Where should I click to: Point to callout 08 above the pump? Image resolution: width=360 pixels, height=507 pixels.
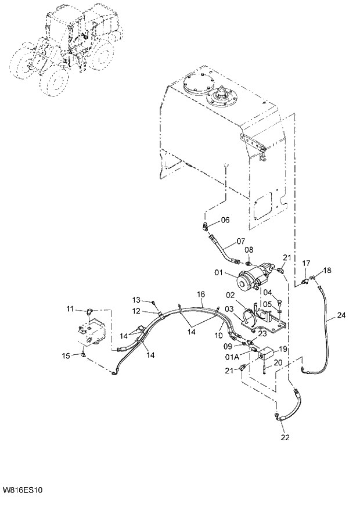(x=249, y=250)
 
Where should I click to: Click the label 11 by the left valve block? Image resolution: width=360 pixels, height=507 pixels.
(x=70, y=308)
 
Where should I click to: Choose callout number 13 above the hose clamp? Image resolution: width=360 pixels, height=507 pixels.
(x=136, y=300)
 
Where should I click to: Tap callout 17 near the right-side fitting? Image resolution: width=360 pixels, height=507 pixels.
(x=306, y=264)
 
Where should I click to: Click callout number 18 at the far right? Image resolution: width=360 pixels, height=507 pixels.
(x=328, y=271)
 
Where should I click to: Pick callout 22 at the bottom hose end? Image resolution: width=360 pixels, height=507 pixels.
(x=284, y=437)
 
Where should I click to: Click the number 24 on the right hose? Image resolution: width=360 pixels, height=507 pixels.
(x=341, y=315)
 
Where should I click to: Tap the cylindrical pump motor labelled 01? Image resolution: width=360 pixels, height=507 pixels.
(x=254, y=279)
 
